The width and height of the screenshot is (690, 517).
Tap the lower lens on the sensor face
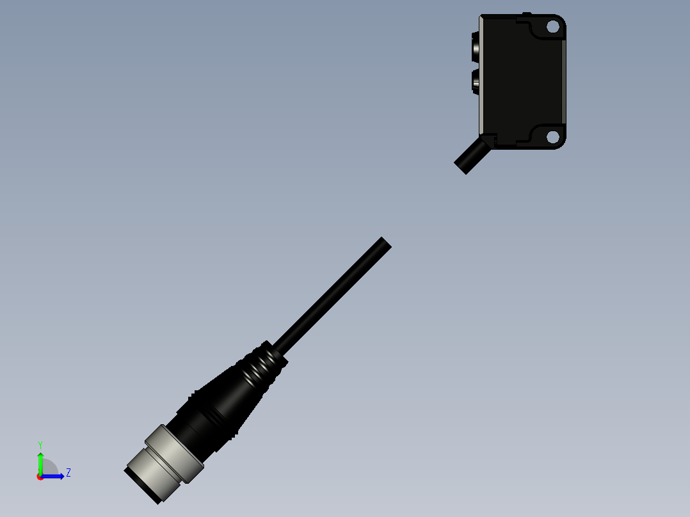coord(477,81)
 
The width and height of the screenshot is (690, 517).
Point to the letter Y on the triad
coord(40,445)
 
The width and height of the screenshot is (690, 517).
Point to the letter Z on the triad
coord(68,473)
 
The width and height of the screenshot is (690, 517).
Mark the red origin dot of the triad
coord(40,477)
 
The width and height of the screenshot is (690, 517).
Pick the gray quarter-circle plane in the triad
coord(51,468)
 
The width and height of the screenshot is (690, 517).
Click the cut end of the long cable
coord(384,244)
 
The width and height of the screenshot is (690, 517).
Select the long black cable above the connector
coord(330,298)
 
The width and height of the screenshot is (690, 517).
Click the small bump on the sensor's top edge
coord(526,14)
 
